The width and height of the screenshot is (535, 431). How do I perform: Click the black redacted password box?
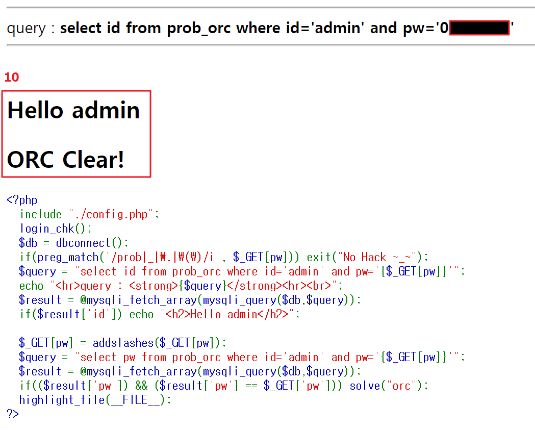pyautogui.click(x=479, y=28)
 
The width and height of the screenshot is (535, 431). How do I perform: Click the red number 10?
pyautogui.click(x=12, y=77)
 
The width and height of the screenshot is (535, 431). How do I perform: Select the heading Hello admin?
pyautogui.click(x=73, y=110)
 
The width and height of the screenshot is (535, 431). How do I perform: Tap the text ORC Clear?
pyautogui.click(x=66, y=160)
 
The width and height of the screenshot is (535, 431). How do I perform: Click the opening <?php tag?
pyautogui.click(x=22, y=200)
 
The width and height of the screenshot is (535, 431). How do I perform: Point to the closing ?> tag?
pyautogui.click(x=13, y=414)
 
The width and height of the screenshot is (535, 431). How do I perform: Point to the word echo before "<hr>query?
pyautogui.click(x=31, y=286)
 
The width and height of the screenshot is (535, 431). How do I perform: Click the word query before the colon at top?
pyautogui.click(x=26, y=28)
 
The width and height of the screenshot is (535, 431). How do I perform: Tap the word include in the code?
pyautogui.click(x=41, y=214)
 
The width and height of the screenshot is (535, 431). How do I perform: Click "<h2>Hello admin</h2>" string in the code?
pyautogui.click(x=227, y=314)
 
